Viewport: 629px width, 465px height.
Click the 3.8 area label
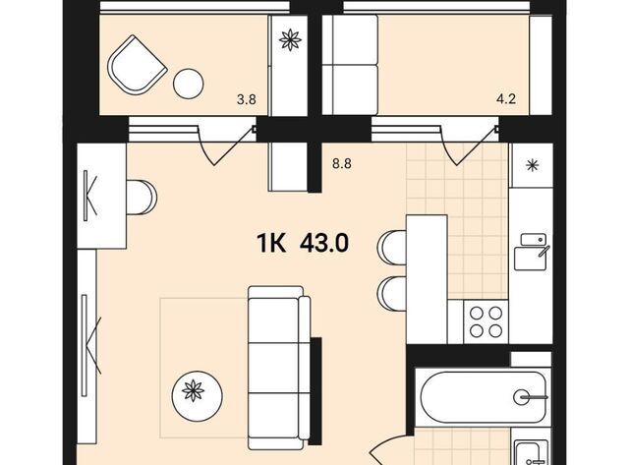click(247, 98)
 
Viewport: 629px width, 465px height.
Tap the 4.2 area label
click(506, 98)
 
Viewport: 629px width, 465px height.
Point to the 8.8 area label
click(342, 164)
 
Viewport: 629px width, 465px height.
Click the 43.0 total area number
click(324, 243)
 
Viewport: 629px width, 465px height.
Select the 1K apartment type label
click(271, 243)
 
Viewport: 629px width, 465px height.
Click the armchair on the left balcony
click(138, 65)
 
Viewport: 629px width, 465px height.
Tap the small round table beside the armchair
click(188, 84)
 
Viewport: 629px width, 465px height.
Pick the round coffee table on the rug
click(197, 396)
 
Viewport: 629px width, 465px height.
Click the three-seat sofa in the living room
click(279, 368)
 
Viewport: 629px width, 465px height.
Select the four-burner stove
click(486, 321)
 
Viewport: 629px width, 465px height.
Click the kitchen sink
click(532, 252)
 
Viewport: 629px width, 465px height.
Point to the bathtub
click(483, 397)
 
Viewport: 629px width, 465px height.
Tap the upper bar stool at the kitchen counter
click(392, 247)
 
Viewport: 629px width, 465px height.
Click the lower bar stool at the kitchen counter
click(392, 293)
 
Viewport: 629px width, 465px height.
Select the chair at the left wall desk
click(142, 198)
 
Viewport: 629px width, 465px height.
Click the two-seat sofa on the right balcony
click(350, 65)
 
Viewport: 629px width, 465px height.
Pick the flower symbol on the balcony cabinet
click(290, 40)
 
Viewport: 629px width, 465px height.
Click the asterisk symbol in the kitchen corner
click(532, 165)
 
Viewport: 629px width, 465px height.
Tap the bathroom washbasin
click(533, 452)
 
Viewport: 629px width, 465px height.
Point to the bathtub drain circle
click(521, 397)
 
